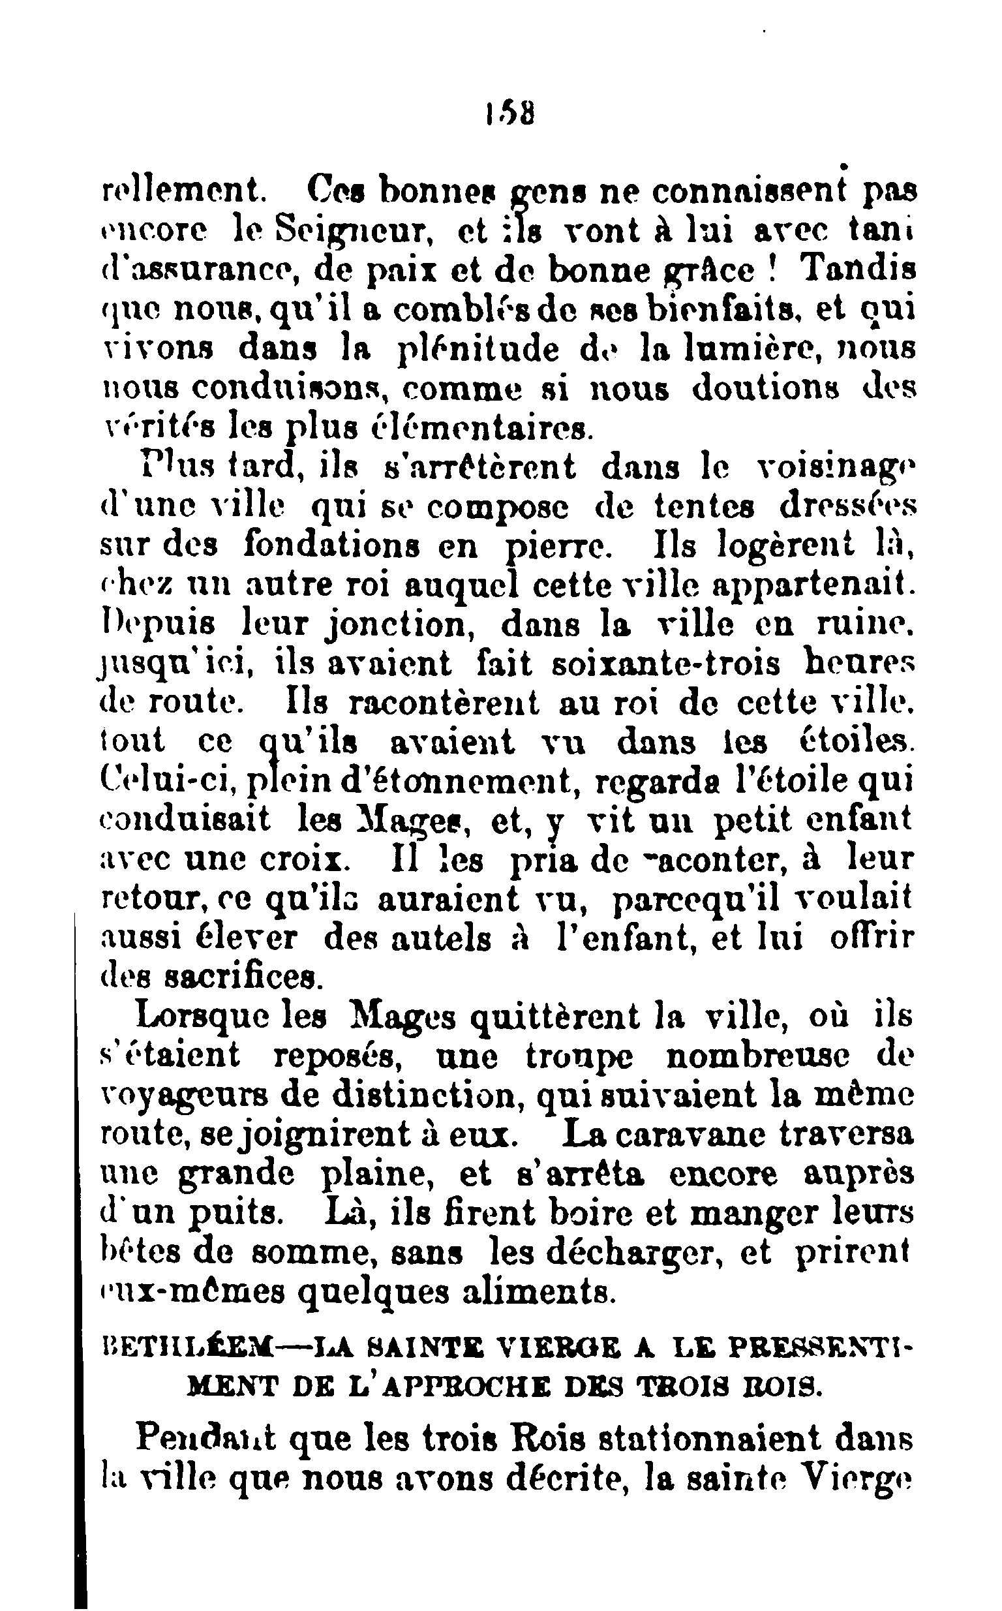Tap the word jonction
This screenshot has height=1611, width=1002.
pos(401,626)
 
